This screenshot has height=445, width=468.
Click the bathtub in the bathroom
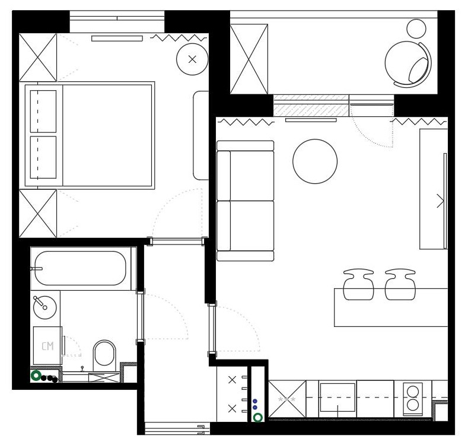tap(81, 268)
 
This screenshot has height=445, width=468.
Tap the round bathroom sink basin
tap(44, 307)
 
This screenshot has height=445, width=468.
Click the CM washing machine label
tap(47, 346)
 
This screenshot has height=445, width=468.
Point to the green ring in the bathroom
tap(36, 376)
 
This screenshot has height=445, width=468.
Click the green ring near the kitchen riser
tap(258, 417)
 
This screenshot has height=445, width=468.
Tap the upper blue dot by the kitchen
tap(255, 401)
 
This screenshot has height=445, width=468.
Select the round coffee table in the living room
tap(315, 161)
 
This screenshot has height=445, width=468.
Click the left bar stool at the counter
tap(358, 284)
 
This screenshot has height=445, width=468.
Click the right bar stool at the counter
tap(400, 284)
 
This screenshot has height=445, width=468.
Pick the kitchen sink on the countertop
tap(338, 398)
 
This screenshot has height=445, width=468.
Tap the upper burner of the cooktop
tap(413, 391)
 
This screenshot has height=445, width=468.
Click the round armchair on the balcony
tap(407, 63)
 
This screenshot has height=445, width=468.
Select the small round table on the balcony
tap(416, 28)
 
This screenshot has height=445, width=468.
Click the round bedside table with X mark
tap(192, 59)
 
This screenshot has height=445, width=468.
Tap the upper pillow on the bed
tap(43, 111)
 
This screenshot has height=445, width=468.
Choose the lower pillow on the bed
tap(43, 157)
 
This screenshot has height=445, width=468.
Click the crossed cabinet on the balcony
tap(249, 59)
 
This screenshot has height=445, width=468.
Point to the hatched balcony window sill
tap(311, 106)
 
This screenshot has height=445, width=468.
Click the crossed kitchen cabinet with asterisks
tap(287, 399)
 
